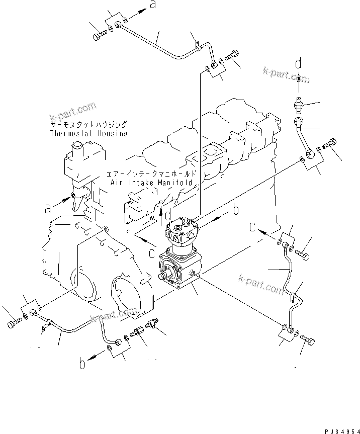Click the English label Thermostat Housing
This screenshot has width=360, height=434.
point(88,134)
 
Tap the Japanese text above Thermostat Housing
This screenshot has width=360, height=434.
point(88,124)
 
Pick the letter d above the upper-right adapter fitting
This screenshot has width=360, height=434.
point(298,63)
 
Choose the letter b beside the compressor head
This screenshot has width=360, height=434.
point(235,210)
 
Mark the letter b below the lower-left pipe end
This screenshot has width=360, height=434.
point(81,363)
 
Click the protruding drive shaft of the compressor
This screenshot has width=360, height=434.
point(164,276)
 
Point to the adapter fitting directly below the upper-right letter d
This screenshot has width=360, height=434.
point(298,105)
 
